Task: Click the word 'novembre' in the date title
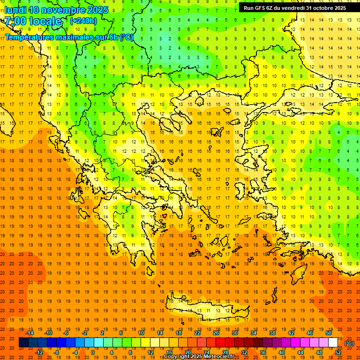63,10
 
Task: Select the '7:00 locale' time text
33,21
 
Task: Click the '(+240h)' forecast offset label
83,21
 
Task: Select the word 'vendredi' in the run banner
293,8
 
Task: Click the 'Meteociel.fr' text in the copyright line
219,357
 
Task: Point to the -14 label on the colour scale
30,333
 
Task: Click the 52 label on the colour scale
338,352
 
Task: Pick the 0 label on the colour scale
92,352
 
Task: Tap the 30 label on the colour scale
234,333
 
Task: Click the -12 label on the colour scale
40,352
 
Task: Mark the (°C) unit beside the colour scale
349,343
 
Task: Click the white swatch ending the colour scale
333,343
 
